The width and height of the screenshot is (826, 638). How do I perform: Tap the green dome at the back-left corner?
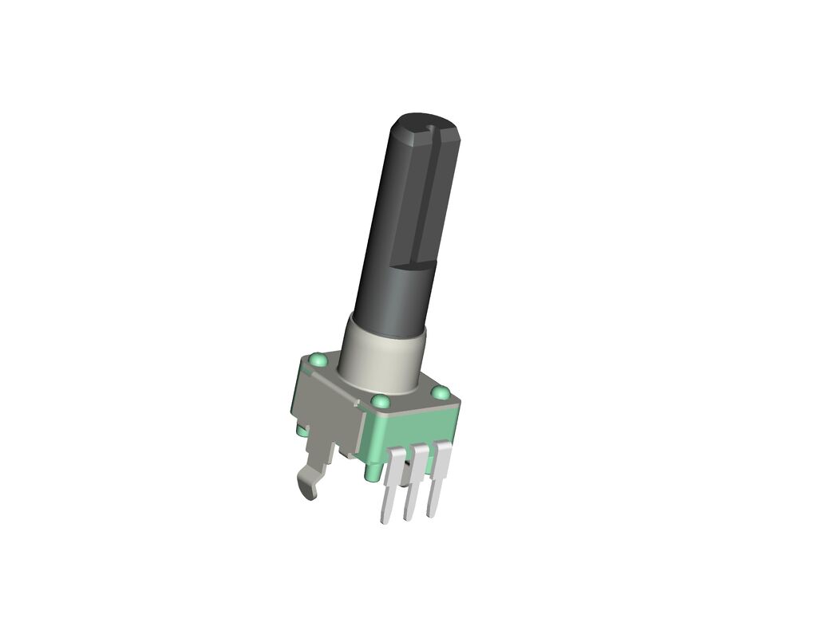tap(318, 360)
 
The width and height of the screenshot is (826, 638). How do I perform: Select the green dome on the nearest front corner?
tap(381, 401)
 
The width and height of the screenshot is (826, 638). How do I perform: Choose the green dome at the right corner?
tap(440, 393)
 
